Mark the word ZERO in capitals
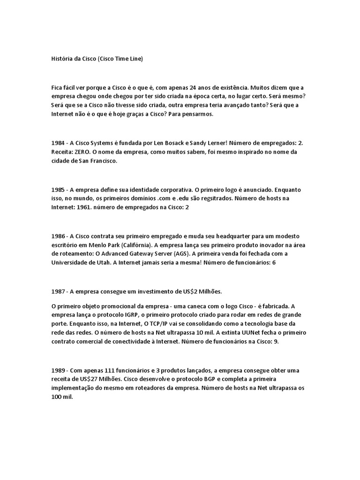[84, 152]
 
